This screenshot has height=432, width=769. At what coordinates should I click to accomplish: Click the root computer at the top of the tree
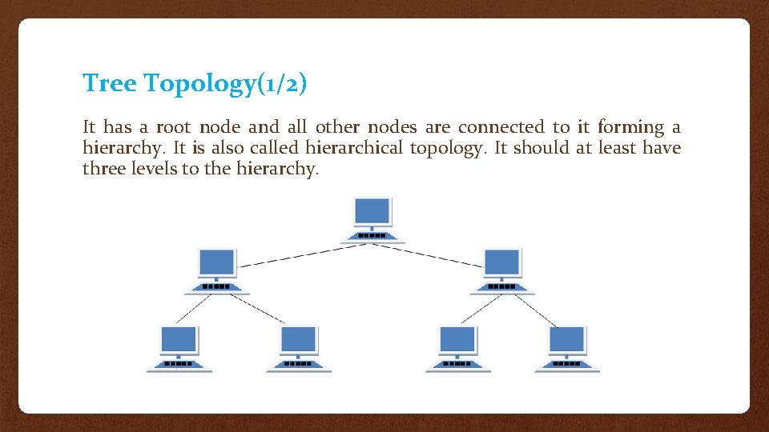372,219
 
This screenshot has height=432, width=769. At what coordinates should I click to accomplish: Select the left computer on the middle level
217,270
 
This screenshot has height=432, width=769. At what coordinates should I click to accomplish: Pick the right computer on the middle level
502,270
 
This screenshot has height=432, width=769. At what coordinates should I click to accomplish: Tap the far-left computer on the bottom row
179,348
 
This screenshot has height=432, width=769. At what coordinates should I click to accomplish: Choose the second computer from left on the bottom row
299,348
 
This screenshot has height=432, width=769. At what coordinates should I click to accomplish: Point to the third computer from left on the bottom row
457,348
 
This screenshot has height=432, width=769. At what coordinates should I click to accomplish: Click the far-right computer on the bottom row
567,348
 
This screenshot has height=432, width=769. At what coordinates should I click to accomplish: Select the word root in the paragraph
173,127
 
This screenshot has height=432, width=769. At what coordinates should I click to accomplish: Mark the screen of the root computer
372,211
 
